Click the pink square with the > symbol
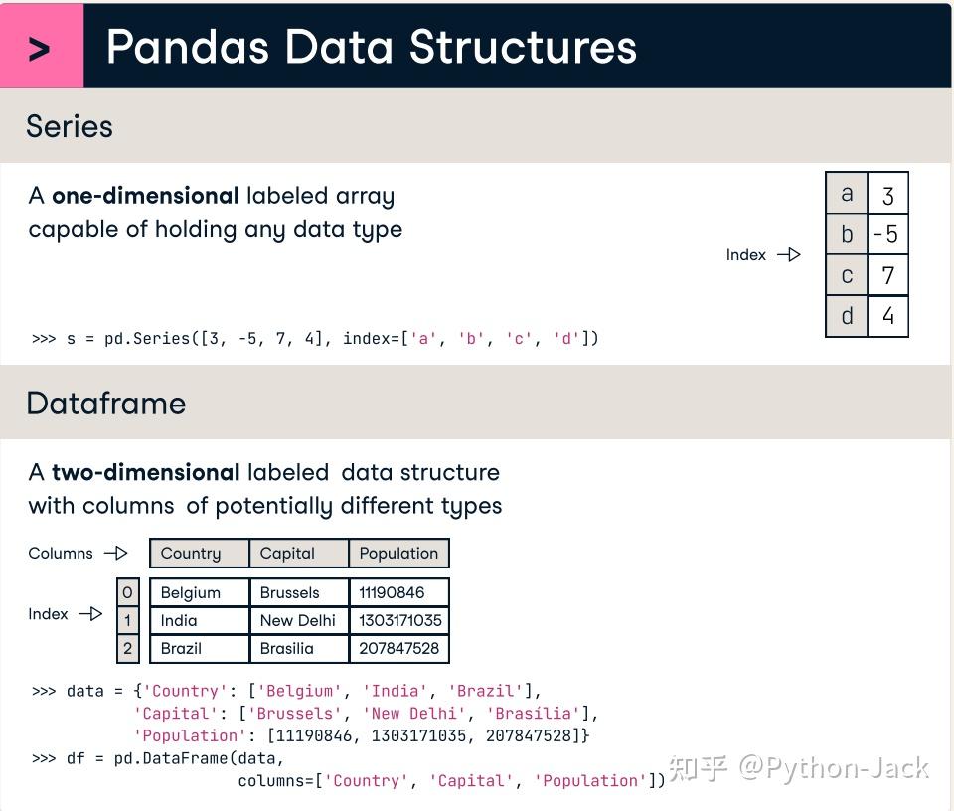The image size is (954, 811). (41, 47)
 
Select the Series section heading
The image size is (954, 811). (70, 126)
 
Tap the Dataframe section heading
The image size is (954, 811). (105, 403)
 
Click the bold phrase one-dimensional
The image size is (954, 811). (145, 196)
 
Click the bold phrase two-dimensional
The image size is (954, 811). (145, 472)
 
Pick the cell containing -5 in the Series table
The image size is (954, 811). (886, 235)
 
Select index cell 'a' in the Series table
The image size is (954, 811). (847, 194)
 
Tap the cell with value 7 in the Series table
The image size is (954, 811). (887, 275)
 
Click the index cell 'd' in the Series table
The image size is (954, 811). (847, 316)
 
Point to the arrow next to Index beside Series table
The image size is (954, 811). (789, 255)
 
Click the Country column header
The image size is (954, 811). (199, 554)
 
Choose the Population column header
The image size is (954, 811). (398, 554)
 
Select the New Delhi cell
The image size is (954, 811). (298, 620)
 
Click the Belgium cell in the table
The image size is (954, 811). (199, 592)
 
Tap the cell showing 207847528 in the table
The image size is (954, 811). (398, 648)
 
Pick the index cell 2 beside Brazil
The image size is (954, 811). (127, 648)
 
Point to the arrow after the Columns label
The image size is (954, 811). (116, 554)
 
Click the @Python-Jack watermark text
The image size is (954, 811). (833, 768)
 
